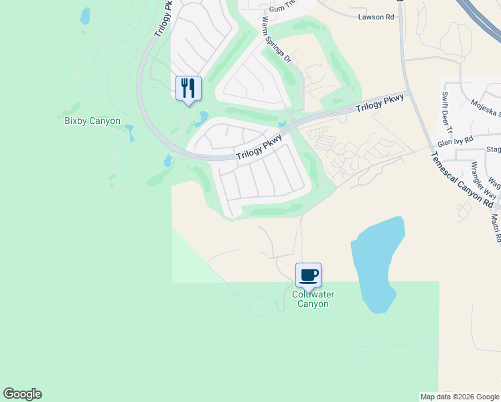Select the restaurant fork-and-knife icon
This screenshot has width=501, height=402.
188,88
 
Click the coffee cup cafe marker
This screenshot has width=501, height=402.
308,275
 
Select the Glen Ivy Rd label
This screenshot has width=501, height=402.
455,141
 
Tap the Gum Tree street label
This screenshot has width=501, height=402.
282,7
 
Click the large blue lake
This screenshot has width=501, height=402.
377,265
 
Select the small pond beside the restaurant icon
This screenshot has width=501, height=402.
200,120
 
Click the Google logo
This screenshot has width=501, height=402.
22,394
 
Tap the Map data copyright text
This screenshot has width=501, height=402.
459,397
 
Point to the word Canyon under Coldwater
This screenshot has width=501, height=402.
313,304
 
